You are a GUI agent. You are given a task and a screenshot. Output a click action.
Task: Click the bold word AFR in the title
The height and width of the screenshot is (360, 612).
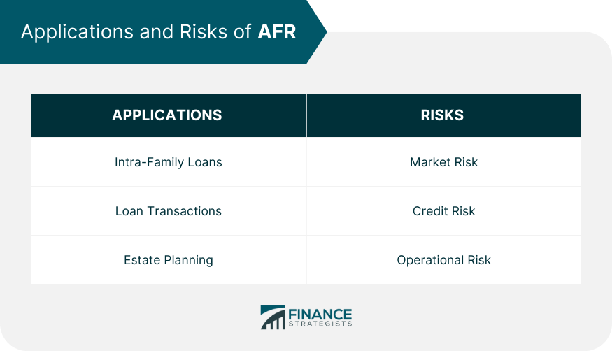click(277, 31)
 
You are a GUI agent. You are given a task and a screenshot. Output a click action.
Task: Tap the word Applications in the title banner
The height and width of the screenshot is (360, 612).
click(77, 32)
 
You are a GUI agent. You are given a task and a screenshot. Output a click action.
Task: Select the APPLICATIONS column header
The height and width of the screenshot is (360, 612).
click(167, 115)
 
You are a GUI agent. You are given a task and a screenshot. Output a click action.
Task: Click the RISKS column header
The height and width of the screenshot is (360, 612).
click(442, 115)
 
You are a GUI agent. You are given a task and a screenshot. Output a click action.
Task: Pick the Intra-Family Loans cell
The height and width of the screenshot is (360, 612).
click(169, 162)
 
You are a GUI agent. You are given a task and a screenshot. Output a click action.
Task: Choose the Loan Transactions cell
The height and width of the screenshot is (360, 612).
click(169, 211)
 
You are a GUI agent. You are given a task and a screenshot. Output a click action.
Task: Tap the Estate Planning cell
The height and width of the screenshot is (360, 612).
click(169, 260)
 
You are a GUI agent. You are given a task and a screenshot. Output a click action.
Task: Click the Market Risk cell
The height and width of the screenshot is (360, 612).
click(443, 162)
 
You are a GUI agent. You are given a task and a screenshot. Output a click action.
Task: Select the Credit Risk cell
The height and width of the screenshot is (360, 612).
click(443, 211)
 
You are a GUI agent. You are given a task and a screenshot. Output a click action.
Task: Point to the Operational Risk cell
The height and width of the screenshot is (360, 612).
click(443, 260)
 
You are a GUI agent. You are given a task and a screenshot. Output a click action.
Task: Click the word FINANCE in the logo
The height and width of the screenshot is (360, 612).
click(320, 315)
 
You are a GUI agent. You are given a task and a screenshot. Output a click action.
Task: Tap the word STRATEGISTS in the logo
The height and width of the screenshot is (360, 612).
click(320, 324)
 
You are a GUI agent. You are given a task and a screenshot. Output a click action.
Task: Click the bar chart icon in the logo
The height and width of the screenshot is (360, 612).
click(273, 317)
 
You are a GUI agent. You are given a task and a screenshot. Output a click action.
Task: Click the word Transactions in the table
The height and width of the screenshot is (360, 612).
click(184, 211)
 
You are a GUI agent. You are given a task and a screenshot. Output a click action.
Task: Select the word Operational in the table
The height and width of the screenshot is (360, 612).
click(430, 260)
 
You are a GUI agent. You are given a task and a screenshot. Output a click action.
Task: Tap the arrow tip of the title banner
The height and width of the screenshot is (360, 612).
click(327, 31)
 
